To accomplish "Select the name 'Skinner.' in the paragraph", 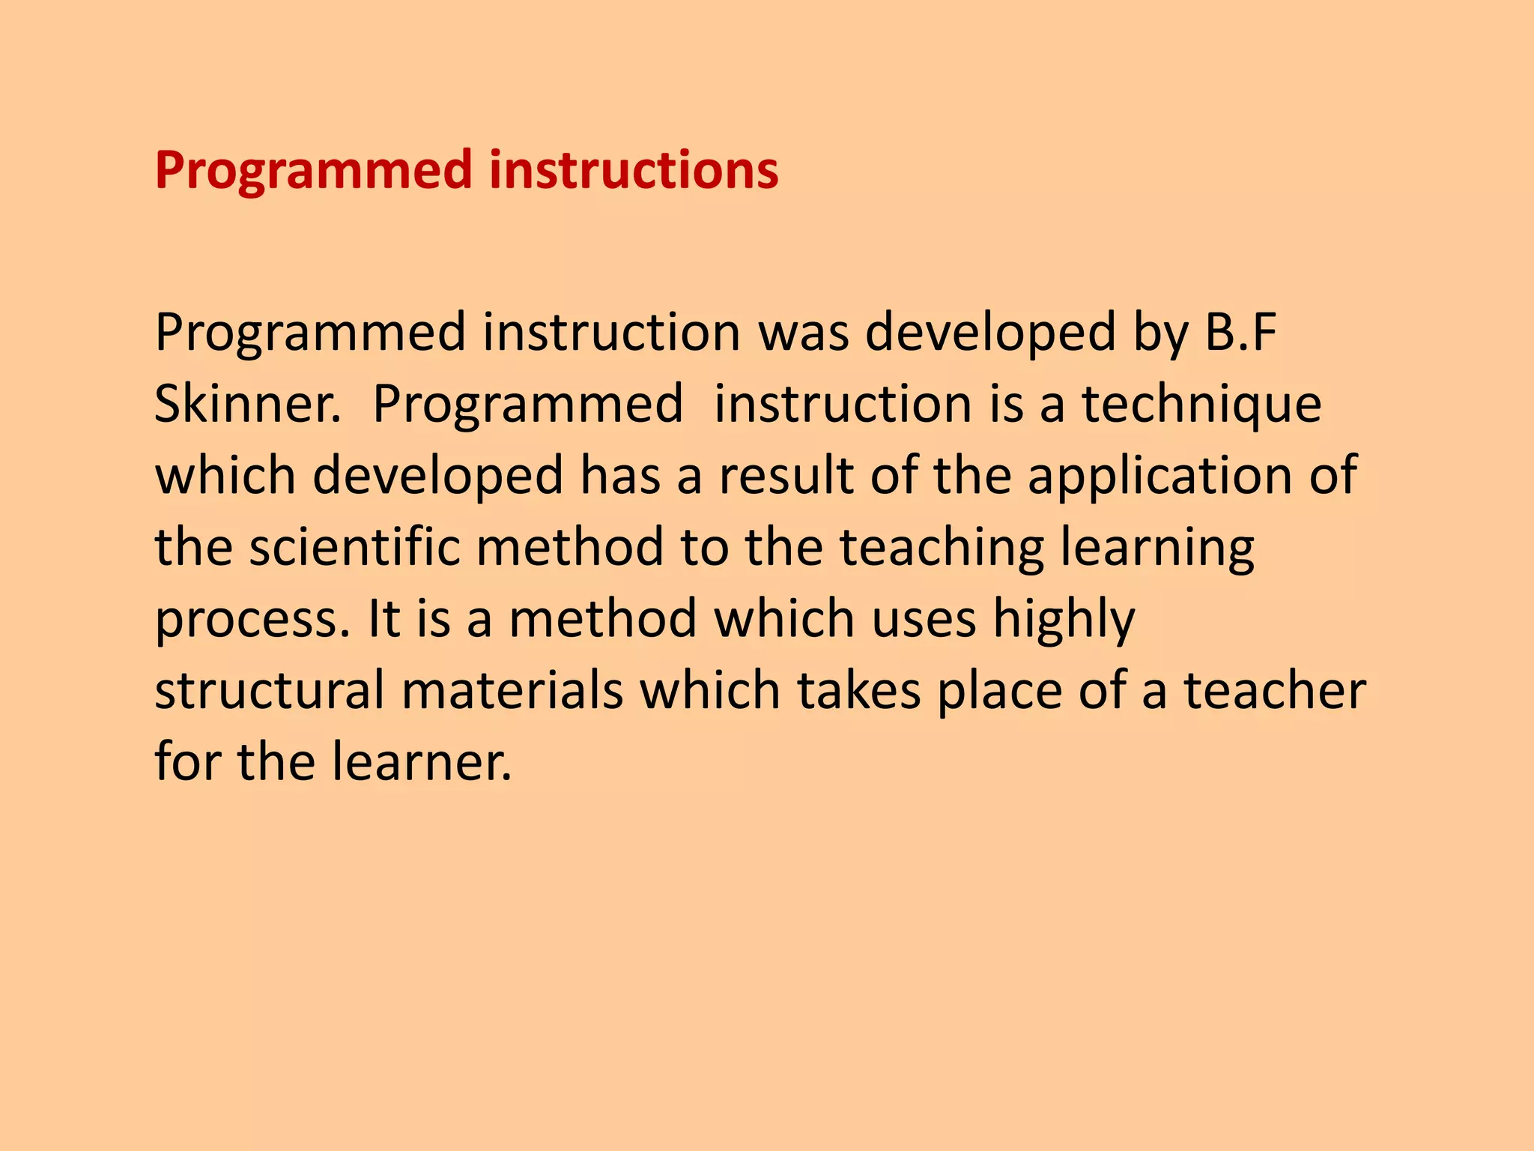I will pos(247,404).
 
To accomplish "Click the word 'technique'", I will pos(1201,405).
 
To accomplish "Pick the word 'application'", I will pos(1160,477).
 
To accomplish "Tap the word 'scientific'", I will pos(354,546).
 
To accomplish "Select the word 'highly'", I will pos(1064,620).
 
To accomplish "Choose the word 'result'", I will pos(786,477).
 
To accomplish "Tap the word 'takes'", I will pos(858,690).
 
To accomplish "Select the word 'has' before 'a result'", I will pos(621,477).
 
